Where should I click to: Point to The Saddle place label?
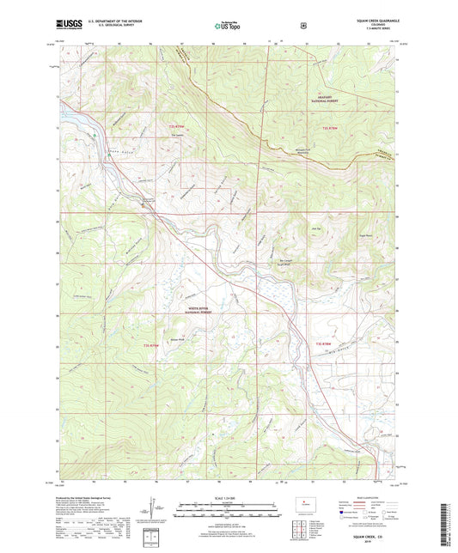tap(178, 134)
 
